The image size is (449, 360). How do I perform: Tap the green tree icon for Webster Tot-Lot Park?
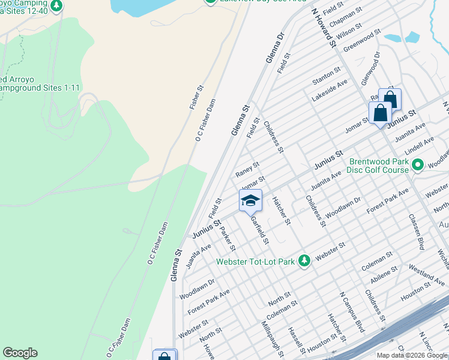[x=304, y=260]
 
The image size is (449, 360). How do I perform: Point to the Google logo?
[x=20, y=353]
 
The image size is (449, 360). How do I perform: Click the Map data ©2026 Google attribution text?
[x=412, y=355]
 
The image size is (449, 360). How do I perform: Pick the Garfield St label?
[x=259, y=230]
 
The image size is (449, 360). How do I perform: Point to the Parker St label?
[x=228, y=238]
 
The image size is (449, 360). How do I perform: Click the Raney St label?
[x=247, y=169]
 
